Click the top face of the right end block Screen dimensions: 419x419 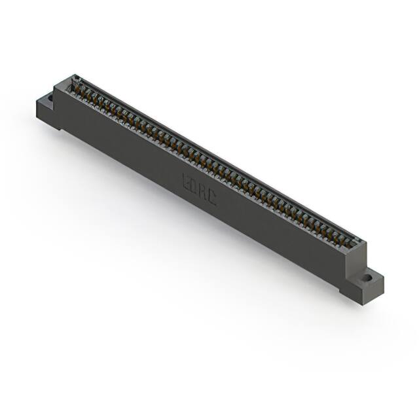click(x=358, y=244)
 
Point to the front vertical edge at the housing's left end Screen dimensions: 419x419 click(x=55, y=108)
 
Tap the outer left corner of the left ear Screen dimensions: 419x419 click(x=37, y=103)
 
